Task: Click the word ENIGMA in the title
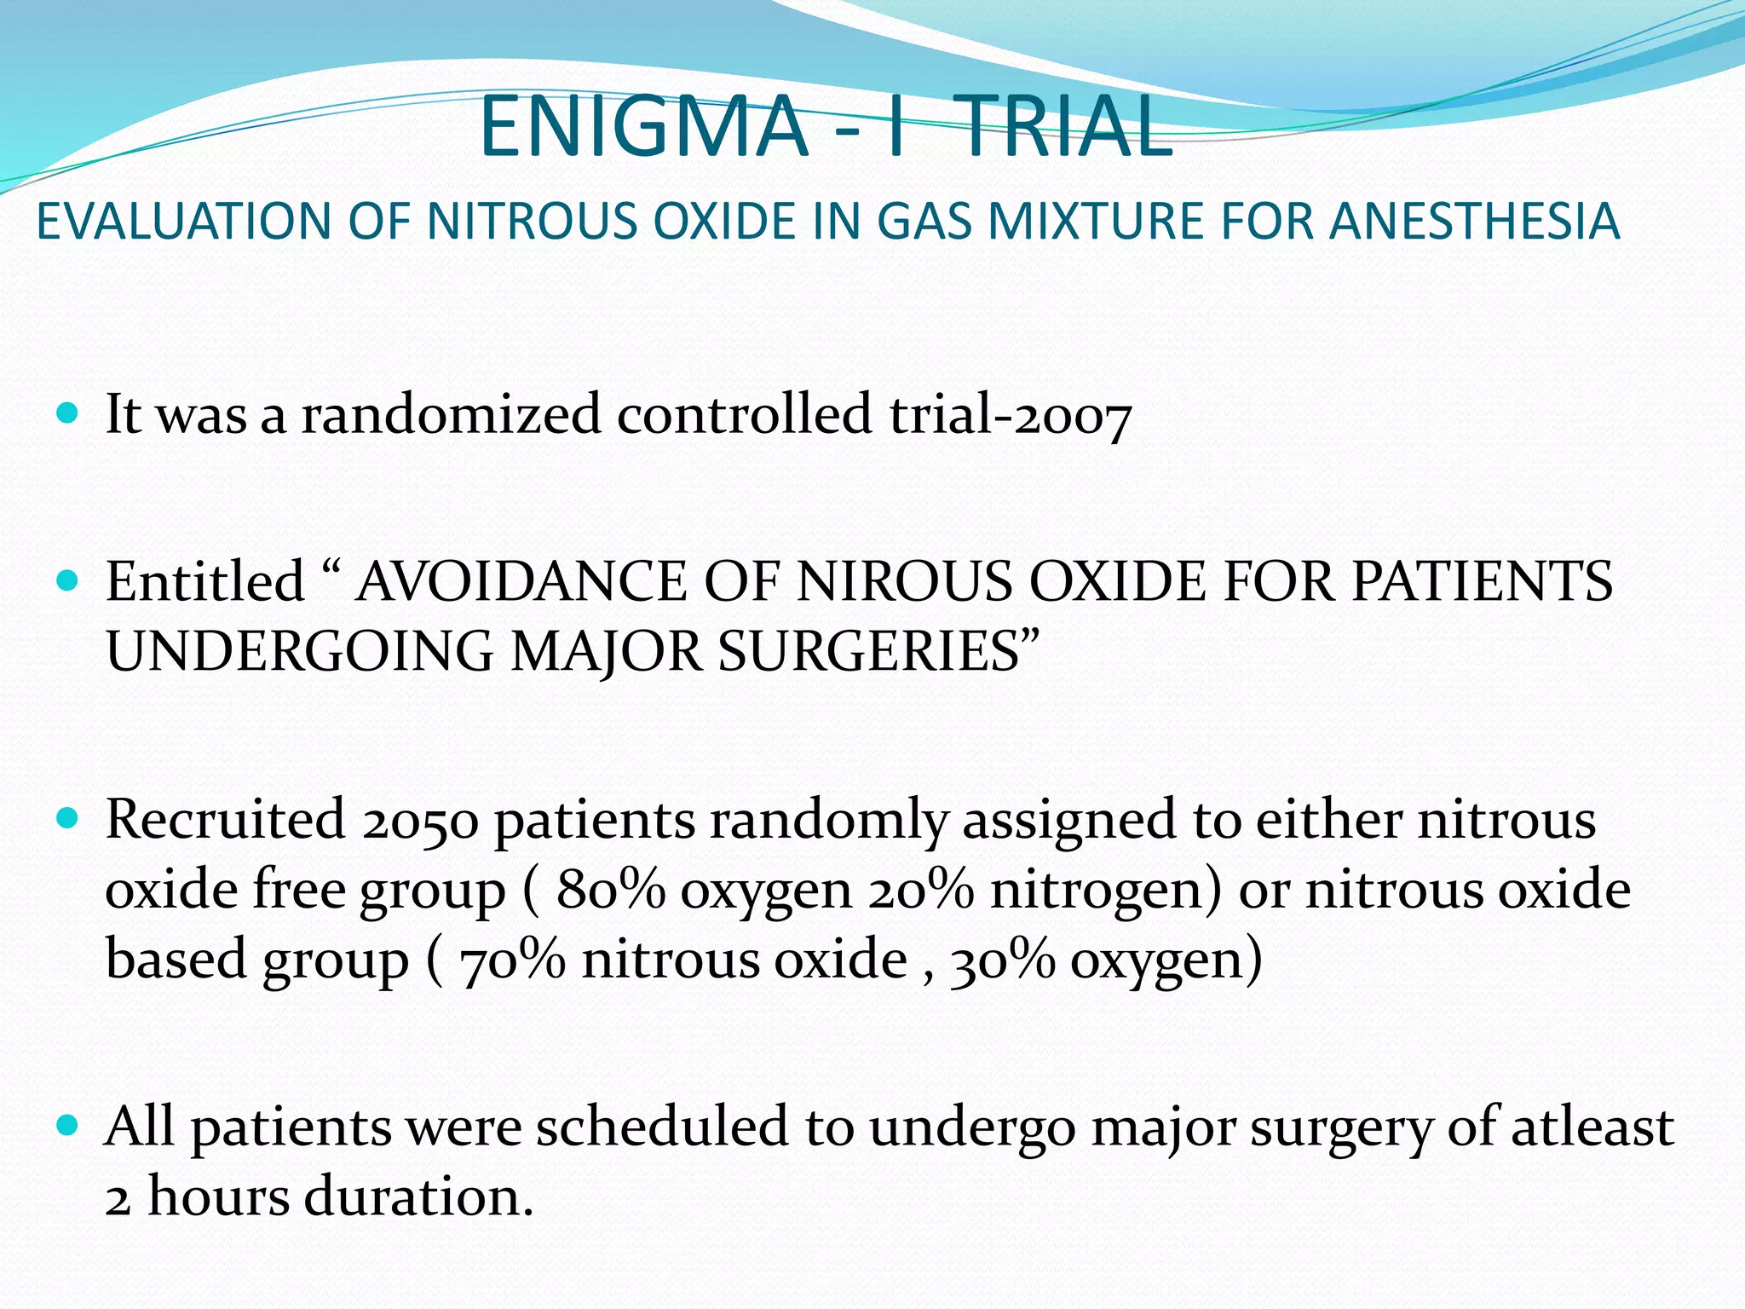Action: tap(643, 128)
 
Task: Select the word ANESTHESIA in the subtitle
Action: tap(1475, 222)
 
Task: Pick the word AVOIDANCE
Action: tap(521, 582)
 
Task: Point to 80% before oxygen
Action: tap(610, 890)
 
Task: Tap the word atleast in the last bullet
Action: tap(1592, 1127)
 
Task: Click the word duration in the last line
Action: tap(418, 1197)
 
